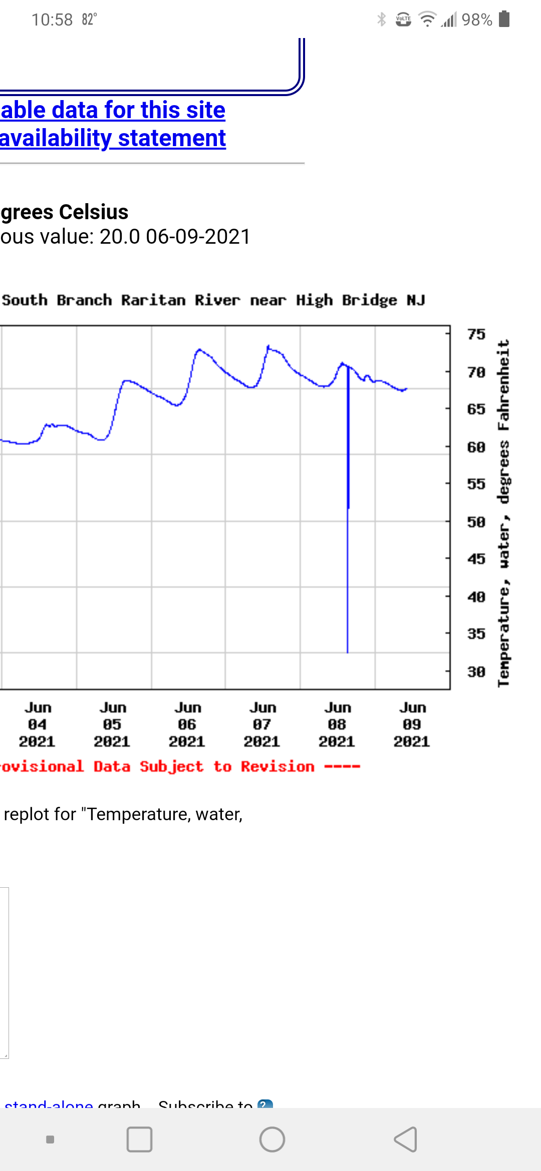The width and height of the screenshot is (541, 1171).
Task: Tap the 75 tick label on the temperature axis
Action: [x=476, y=334]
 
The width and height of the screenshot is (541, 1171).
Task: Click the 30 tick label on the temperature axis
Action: [x=476, y=672]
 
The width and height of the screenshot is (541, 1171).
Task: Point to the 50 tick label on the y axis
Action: [x=476, y=522]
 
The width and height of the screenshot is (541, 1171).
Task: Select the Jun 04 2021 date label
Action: [x=38, y=725]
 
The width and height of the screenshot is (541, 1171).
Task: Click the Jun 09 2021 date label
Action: [x=412, y=725]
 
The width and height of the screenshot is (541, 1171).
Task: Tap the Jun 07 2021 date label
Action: [x=262, y=725]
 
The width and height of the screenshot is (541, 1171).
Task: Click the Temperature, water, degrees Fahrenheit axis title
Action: [x=503, y=513]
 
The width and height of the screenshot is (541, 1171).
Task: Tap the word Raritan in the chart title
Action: [x=153, y=300]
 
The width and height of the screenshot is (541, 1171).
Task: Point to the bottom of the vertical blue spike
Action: [x=348, y=652]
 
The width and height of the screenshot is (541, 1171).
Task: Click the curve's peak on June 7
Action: [x=268, y=346]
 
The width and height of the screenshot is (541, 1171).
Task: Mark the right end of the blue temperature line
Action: [x=407, y=388]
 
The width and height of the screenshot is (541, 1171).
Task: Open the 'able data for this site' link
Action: [x=113, y=110]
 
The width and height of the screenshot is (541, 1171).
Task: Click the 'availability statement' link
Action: [x=113, y=138]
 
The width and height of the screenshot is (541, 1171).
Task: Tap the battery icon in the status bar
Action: [x=504, y=19]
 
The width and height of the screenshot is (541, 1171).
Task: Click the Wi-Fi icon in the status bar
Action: [x=427, y=19]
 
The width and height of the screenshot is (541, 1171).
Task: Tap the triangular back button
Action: [x=406, y=1139]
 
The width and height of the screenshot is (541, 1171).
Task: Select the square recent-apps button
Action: [x=139, y=1139]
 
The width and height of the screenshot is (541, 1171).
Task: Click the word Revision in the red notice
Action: [x=278, y=767]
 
